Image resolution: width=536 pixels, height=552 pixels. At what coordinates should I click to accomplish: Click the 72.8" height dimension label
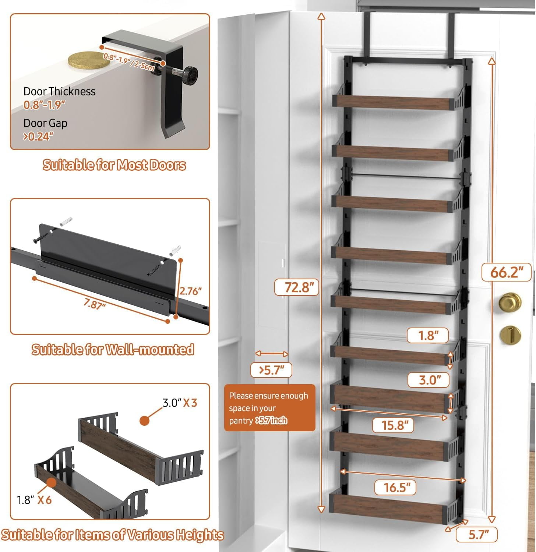[x=296, y=287]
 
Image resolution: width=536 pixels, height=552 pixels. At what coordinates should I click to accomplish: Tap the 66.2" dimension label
[x=507, y=272]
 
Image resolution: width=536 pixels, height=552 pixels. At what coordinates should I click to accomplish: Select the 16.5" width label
[x=395, y=488]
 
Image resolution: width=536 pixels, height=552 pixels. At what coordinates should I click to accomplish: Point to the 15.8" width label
[x=393, y=425]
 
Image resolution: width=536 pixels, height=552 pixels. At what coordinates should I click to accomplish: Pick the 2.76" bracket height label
[x=190, y=291]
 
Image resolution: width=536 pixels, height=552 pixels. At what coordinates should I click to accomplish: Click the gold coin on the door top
[x=89, y=60]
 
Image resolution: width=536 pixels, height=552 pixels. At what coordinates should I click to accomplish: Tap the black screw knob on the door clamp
[x=191, y=74]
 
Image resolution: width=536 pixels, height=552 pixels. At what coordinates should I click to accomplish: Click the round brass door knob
[x=510, y=302]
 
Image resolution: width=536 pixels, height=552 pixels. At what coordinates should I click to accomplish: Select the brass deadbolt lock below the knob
[x=510, y=335]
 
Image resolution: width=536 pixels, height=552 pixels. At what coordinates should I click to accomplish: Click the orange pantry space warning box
[x=269, y=408]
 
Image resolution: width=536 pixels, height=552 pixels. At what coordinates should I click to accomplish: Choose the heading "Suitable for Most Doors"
[x=114, y=165]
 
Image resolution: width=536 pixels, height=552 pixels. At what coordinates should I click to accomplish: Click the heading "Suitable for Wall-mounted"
[x=113, y=350]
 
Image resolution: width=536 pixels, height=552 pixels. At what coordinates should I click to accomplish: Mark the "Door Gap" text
[x=45, y=123]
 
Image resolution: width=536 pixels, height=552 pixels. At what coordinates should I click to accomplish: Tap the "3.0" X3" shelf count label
[x=180, y=403]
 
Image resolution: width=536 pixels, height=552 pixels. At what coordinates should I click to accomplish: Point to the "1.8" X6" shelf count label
[x=34, y=500]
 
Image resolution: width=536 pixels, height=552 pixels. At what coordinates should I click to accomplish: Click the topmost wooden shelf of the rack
[x=392, y=102]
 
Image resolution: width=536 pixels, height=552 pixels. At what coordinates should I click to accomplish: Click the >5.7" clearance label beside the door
[x=271, y=370]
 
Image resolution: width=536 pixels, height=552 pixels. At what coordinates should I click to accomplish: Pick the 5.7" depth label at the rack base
[x=478, y=534]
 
